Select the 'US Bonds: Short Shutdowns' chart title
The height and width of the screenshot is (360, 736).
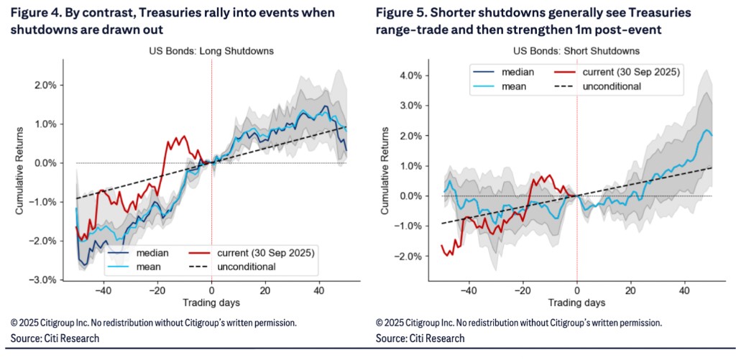tap(576, 51)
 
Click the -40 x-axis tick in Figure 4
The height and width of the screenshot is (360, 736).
tap(103, 290)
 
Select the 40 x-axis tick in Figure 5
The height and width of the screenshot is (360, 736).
tap(685, 290)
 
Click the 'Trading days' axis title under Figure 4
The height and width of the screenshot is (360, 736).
tap(211, 303)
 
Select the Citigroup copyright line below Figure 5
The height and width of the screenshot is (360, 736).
tap(518, 323)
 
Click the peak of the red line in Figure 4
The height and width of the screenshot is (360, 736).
tap(184, 135)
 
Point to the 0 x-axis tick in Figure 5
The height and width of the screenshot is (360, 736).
tap(577, 290)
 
